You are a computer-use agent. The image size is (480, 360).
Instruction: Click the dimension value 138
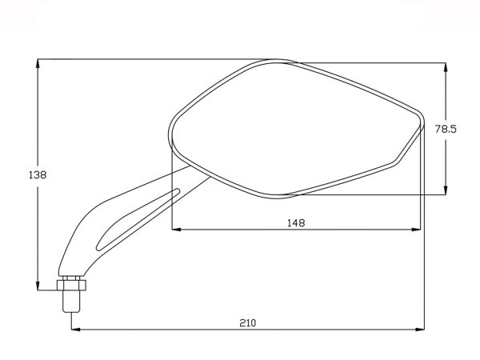click(x=37, y=174)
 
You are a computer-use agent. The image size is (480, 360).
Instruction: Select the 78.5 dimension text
click(x=446, y=128)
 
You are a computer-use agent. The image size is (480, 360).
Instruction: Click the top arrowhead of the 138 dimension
click(x=38, y=65)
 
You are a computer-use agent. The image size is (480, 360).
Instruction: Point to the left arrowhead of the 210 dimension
click(x=78, y=329)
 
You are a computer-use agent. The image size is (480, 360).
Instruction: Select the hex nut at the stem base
click(x=71, y=283)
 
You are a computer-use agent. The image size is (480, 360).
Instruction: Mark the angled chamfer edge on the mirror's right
click(x=409, y=144)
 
